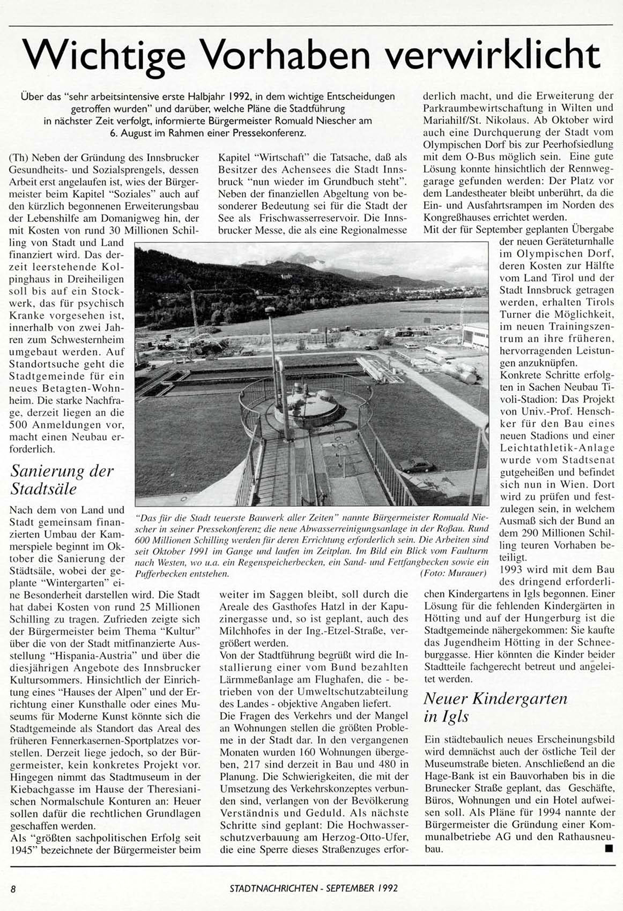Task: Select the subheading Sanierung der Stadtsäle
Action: (62, 479)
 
